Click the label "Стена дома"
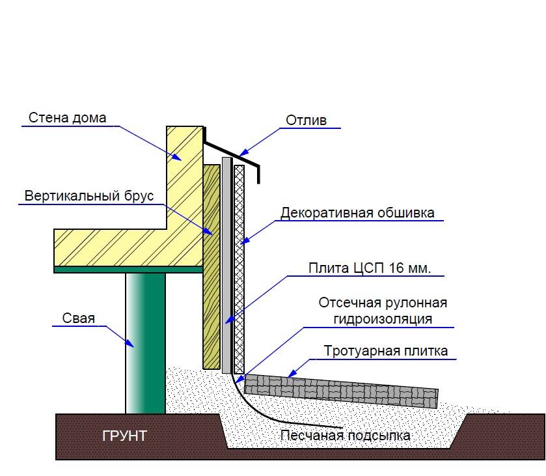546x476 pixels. tap(67, 118)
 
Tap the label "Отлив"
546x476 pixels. tap(306, 120)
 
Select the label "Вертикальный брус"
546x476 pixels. tap(89, 196)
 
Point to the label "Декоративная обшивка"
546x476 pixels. tap(358, 212)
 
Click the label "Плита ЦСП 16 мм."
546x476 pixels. tap(370, 268)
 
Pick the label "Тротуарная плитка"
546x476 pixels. tap(386, 350)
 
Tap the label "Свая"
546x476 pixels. tap(78, 318)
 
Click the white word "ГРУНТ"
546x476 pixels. tap(124, 436)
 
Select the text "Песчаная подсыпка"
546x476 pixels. tap(346, 436)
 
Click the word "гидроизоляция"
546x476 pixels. tap(383, 319)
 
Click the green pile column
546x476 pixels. tap(146, 343)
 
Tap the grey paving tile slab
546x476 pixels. tap(341, 391)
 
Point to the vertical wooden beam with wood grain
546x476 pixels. tap(212, 267)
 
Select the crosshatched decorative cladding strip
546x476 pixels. tap(239, 270)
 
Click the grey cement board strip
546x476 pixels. tap(226, 265)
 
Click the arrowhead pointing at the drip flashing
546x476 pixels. tap(244, 152)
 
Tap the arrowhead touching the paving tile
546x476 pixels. tap(292, 374)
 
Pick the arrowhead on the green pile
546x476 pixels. tap(130, 343)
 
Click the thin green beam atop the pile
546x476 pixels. tap(128, 270)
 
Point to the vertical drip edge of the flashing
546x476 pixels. tap(258, 175)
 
